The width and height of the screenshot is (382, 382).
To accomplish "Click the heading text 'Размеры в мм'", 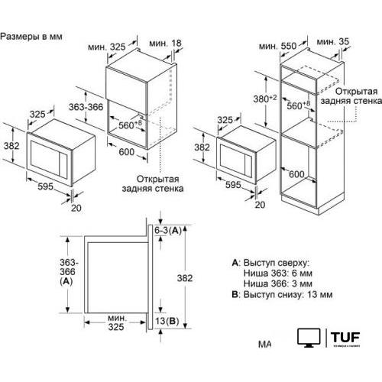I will (32, 36).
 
